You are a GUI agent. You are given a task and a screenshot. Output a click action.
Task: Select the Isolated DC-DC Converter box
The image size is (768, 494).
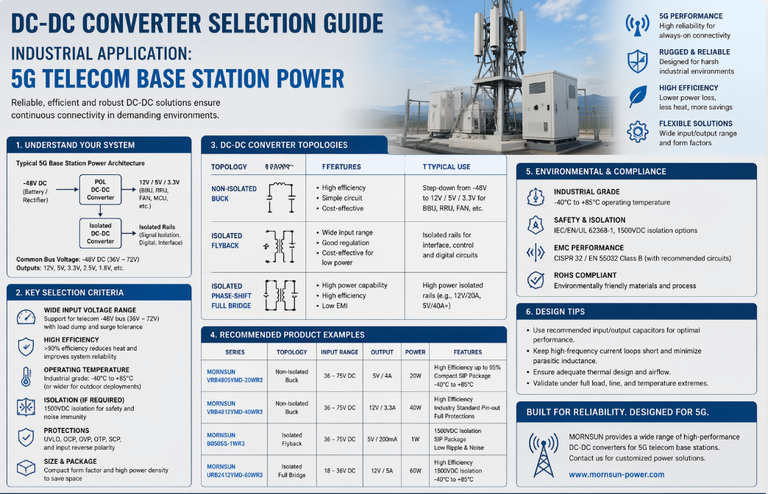tap(101, 233)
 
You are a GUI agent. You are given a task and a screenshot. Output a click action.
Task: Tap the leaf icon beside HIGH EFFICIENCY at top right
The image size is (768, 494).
tap(637, 96)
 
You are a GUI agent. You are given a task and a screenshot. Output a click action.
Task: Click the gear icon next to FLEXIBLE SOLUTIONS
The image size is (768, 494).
tap(637, 132)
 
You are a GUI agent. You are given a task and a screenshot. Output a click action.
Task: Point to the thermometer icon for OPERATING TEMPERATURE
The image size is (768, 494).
tap(26, 376)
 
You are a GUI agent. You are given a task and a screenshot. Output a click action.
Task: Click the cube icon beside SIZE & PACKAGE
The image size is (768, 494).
tap(26, 468)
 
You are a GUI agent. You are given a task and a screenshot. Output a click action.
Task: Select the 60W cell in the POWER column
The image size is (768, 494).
tap(415, 471)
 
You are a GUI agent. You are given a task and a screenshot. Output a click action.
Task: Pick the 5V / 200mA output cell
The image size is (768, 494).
tap(382, 440)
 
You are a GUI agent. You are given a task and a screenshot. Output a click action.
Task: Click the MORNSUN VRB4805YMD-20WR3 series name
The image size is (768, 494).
tap(235, 376)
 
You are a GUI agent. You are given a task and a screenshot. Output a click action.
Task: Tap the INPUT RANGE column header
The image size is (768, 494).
tap(339, 352)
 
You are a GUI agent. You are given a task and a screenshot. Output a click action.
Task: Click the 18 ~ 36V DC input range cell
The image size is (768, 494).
tap(339, 471)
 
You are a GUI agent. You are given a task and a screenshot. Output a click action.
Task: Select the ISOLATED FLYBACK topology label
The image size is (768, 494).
tap(227, 240)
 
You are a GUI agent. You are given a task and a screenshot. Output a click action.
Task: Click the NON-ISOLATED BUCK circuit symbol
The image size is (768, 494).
tap(280, 193)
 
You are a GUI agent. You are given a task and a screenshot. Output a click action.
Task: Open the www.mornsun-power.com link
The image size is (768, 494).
tap(616, 474)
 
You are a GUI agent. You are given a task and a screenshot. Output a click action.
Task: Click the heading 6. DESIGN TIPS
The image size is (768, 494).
tap(555, 312)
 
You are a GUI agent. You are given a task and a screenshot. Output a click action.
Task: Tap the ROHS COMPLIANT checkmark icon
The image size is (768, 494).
tap(536, 279)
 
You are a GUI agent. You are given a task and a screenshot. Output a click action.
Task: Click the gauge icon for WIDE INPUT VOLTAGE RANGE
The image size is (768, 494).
tap(26, 317)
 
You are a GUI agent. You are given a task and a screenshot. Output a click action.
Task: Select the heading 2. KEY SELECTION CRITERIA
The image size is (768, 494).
tap(70, 293)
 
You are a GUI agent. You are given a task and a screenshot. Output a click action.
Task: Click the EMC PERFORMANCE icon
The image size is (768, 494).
tap(536, 253)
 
